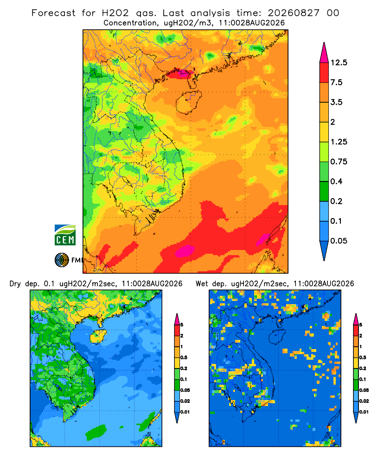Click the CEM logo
pyautogui.click(x=65, y=235)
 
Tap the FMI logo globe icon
pyautogui.click(x=62, y=260)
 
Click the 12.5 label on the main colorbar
pyautogui.click(x=339, y=63)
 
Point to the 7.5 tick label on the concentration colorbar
pyautogui.click(x=336, y=82)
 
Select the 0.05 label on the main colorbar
pyautogui.click(x=339, y=241)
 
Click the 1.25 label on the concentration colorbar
pyautogui.click(x=339, y=142)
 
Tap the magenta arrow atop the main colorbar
pyautogui.click(x=324, y=53)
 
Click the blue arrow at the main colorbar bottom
pyautogui.click(x=324, y=251)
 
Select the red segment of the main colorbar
pyautogui.click(x=324, y=73)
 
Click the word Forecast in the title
pyautogui.click(x=53, y=13)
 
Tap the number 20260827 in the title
pyautogui.click(x=294, y=13)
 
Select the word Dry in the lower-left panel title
pyautogui.click(x=15, y=284)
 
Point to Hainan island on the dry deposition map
pyautogui.click(x=98, y=337)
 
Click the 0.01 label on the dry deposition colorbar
pyautogui.click(x=185, y=412)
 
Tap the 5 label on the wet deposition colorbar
pyautogui.click(x=360, y=325)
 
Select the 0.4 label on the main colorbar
pyautogui.click(x=336, y=181)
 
